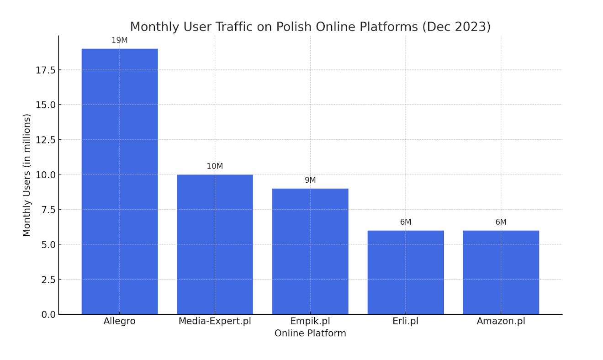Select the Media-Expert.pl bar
pos(215,244)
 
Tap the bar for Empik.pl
pos(310,251)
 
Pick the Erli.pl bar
pos(406,272)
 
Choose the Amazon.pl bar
pos(501,272)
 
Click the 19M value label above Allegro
pos(119,41)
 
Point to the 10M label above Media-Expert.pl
pos(215,166)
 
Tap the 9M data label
pos(310,180)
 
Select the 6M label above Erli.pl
pos(406,222)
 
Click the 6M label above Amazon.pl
pos(501,222)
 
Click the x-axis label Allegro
pos(119,321)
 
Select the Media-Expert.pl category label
pos(215,321)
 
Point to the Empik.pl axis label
pos(310,321)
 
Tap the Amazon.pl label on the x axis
pos(501,321)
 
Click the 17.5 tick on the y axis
pos(45,70)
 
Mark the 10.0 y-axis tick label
pos(45,175)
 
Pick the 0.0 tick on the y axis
pos(48,314)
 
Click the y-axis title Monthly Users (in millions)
pos(27,175)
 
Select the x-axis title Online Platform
pos(310,334)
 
